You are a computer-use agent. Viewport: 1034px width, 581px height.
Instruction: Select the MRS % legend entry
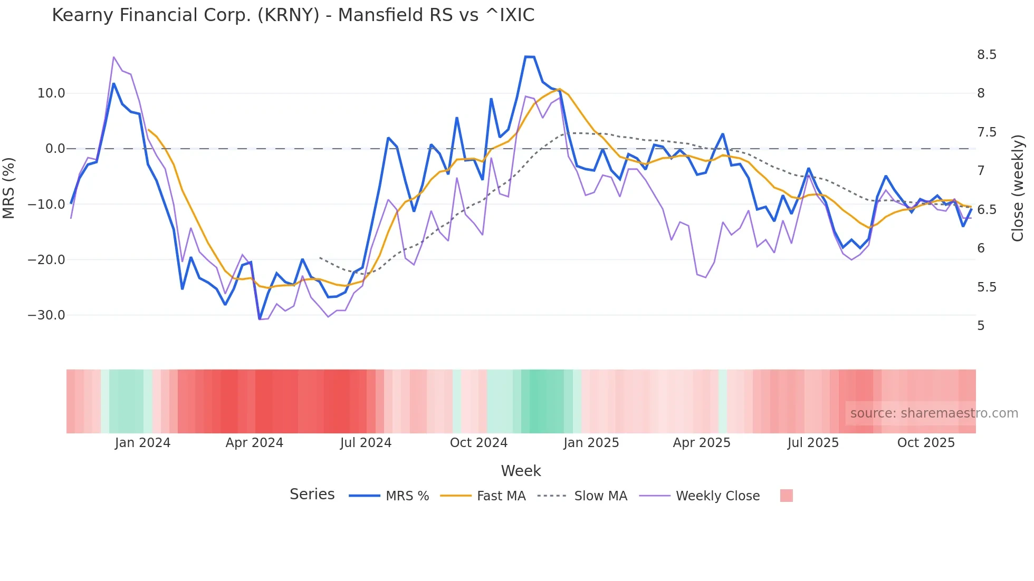[407, 496]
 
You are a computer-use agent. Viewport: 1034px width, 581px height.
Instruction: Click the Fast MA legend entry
[501, 496]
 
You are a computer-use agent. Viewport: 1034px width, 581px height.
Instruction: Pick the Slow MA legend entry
[600, 496]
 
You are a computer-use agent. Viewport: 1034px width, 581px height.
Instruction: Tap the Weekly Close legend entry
[717, 496]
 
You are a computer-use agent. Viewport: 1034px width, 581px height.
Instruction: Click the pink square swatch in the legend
[786, 496]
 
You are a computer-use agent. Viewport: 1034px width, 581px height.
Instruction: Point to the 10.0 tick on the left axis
[51, 93]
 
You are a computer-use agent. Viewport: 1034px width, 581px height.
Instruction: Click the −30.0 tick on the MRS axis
[46, 315]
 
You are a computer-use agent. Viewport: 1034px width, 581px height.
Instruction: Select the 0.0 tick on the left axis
[55, 149]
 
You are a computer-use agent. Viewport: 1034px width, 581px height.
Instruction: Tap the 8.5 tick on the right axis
[987, 55]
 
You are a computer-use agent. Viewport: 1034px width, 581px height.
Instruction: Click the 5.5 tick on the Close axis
[987, 287]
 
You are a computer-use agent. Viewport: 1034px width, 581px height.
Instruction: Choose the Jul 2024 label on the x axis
[366, 443]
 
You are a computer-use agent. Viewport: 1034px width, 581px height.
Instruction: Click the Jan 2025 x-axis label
[591, 443]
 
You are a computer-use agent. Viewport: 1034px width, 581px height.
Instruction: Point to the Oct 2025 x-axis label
[926, 443]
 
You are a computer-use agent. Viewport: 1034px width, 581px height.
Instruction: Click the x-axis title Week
[521, 471]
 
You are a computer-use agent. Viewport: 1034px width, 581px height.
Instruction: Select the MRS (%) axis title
[9, 188]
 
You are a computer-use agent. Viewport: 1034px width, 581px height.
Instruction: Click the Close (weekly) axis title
[1018, 188]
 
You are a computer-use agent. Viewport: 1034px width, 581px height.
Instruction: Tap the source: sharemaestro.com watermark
[934, 413]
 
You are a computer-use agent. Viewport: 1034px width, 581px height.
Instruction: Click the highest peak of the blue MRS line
[530, 56]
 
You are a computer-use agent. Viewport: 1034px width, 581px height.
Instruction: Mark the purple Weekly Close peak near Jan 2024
[114, 57]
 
